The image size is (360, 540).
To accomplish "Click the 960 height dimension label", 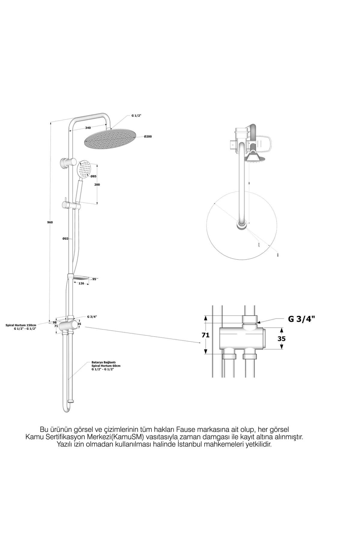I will (50, 222).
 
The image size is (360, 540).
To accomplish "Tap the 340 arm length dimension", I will (88, 128).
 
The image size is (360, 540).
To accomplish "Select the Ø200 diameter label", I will (148, 137).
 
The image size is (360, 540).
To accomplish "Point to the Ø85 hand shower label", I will (94, 176).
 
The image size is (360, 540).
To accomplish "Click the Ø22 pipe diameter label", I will (65, 238).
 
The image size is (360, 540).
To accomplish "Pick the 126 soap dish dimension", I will (81, 283).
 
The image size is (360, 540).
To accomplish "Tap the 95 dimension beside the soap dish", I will (94, 279).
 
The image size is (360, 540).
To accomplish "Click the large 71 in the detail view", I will (205, 335).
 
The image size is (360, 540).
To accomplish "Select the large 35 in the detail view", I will (281, 339).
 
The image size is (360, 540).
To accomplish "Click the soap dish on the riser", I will (81, 278).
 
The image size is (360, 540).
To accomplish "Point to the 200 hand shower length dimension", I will (97, 184).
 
